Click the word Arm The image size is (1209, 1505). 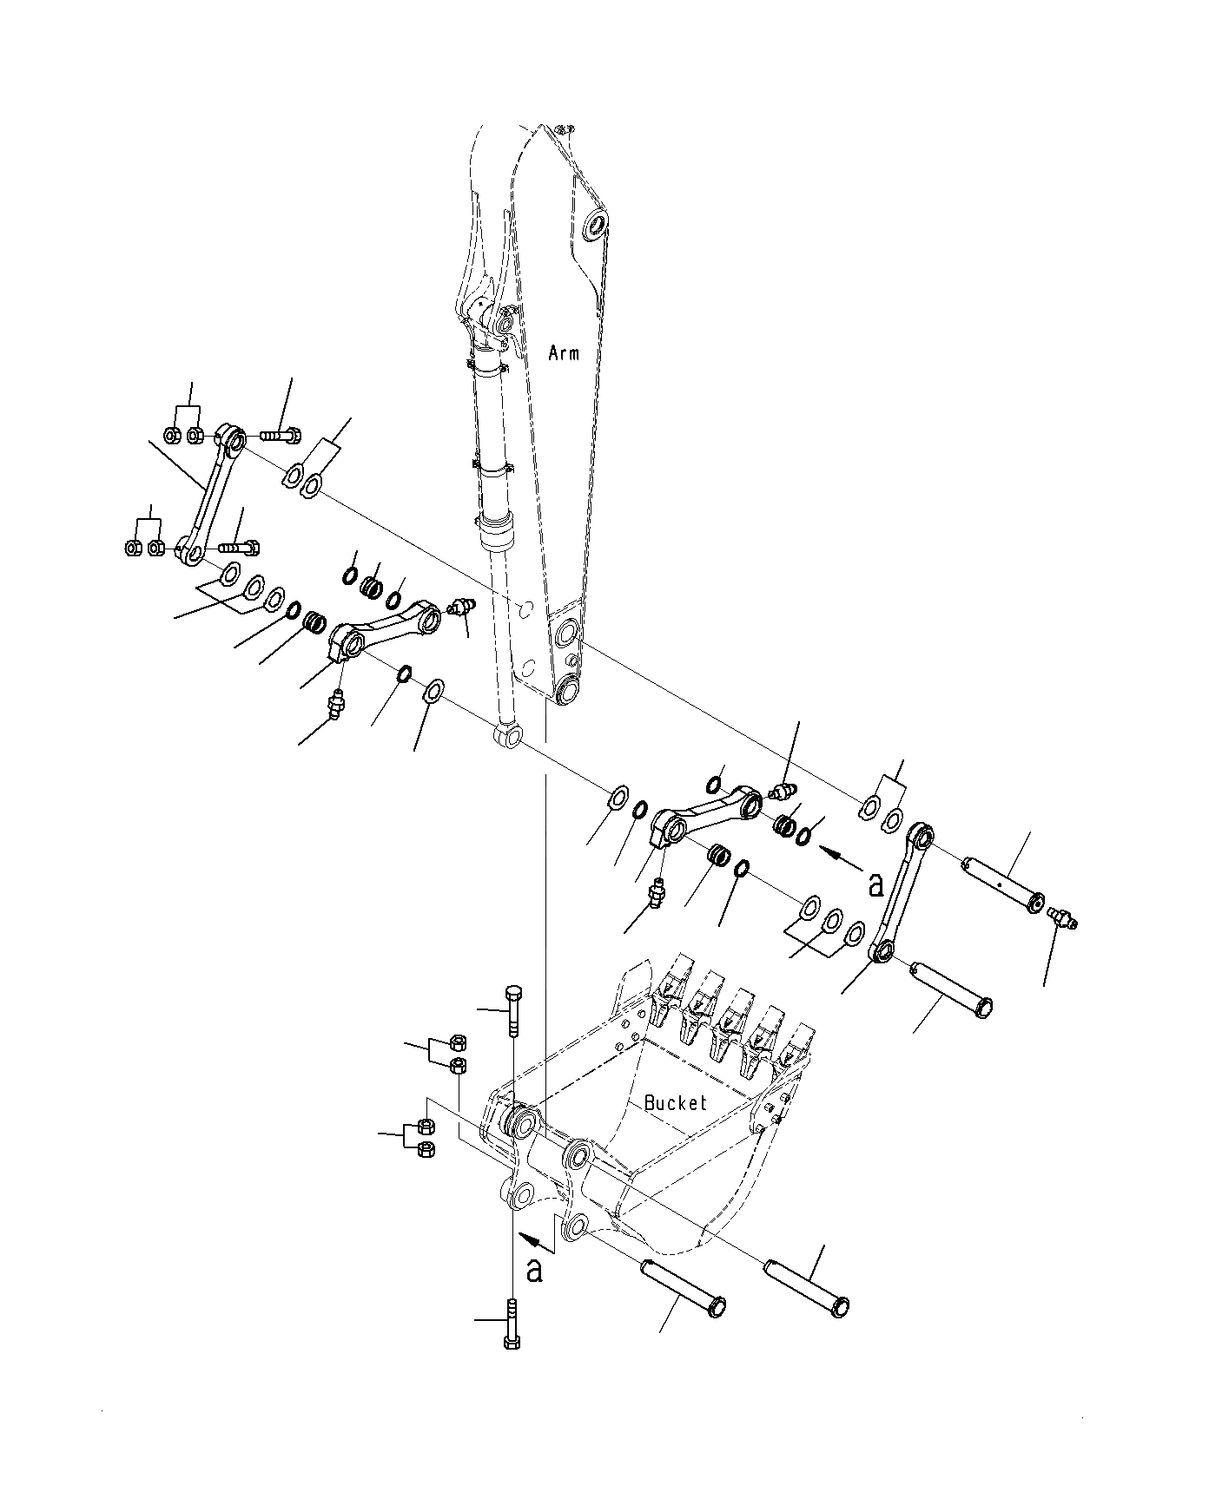pos(564,353)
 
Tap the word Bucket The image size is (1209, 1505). pos(676,1103)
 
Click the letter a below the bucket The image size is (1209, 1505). pos(535,1269)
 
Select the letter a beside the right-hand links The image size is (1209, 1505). pos(875,884)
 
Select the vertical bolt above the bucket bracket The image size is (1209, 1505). pos(512,1010)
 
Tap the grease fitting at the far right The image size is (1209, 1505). pos(1063,917)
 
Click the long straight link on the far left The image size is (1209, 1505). pos(209,493)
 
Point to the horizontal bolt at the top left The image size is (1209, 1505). pos(279,432)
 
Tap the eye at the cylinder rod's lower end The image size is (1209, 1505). pos(508,737)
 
